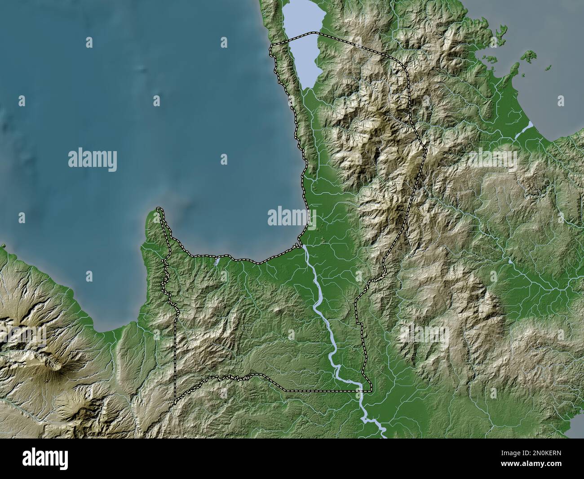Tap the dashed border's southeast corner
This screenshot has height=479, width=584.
pos(371,390)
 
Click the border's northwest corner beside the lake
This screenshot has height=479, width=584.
pos(270,46)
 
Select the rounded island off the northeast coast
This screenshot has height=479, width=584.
pos(531,55)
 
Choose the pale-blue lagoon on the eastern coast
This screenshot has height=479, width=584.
pos(521,131)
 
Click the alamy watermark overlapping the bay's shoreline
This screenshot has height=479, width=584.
pos(292,217)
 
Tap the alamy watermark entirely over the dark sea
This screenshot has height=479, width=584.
pos(93,160)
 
